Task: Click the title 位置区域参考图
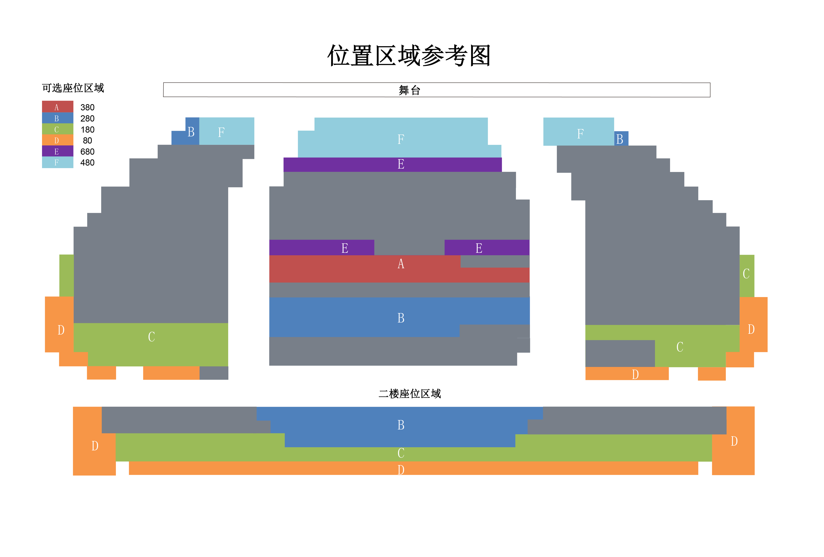(409, 56)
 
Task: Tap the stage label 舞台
(409, 90)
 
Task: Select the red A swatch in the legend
(57, 107)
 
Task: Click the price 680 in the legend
(87, 152)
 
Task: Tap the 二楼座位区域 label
(409, 393)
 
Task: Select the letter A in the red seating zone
(401, 264)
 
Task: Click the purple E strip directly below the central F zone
(401, 164)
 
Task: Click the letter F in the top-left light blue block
(221, 132)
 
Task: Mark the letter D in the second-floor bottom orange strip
(401, 470)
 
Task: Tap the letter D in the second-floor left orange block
(95, 446)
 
